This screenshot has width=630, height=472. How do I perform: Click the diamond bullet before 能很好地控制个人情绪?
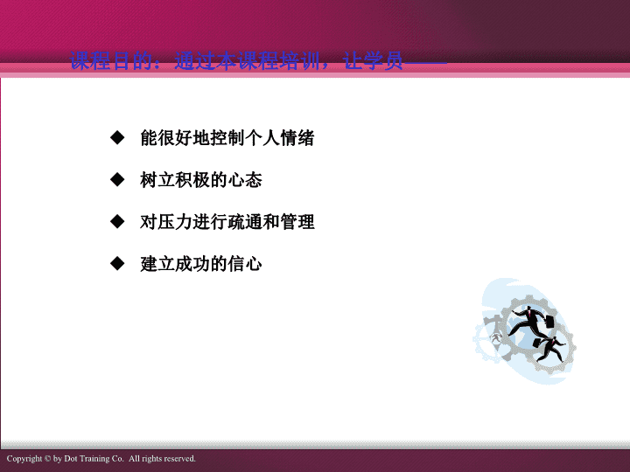tap(117, 137)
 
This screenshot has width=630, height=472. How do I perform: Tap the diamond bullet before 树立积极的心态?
tap(117, 179)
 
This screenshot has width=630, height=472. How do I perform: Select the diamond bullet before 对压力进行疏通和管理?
tap(117, 221)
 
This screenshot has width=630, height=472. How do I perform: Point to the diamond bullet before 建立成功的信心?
tap(117, 263)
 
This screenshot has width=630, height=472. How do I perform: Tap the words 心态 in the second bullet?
tap(245, 180)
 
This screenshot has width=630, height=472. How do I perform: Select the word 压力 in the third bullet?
tap(166, 222)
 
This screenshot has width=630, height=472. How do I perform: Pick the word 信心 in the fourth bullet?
tap(245, 264)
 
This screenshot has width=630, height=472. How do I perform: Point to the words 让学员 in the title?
tap(374, 61)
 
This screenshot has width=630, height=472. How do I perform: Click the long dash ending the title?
tap(425, 63)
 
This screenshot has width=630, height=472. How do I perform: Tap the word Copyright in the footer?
tap(24, 459)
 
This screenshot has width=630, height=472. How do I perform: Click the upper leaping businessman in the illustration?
tap(528, 321)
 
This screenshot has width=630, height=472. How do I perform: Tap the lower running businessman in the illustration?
tap(551, 348)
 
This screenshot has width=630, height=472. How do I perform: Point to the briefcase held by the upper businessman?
tap(549, 322)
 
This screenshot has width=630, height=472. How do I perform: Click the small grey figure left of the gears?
tap(497, 337)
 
